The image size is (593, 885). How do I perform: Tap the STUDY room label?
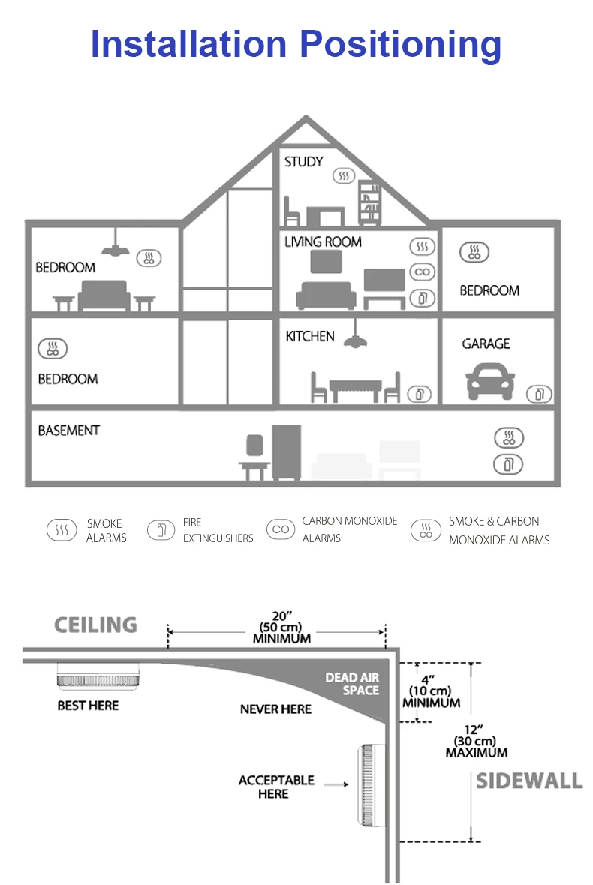coord(303,161)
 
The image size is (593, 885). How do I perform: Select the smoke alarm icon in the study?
coord(344,177)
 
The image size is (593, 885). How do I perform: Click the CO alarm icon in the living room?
coord(423,272)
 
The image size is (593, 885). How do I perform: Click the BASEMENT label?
coord(68,430)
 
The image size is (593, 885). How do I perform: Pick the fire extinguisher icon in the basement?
coord(508,464)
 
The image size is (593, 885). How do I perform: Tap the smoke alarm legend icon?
coord(61,530)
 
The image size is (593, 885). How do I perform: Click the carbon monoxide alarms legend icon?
coord(281,529)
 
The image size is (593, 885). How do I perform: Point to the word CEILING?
coord(95,625)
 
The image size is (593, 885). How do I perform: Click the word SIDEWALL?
coord(529,781)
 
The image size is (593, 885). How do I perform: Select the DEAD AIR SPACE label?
coord(352,684)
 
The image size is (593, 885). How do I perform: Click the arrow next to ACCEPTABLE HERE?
coord(336,784)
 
